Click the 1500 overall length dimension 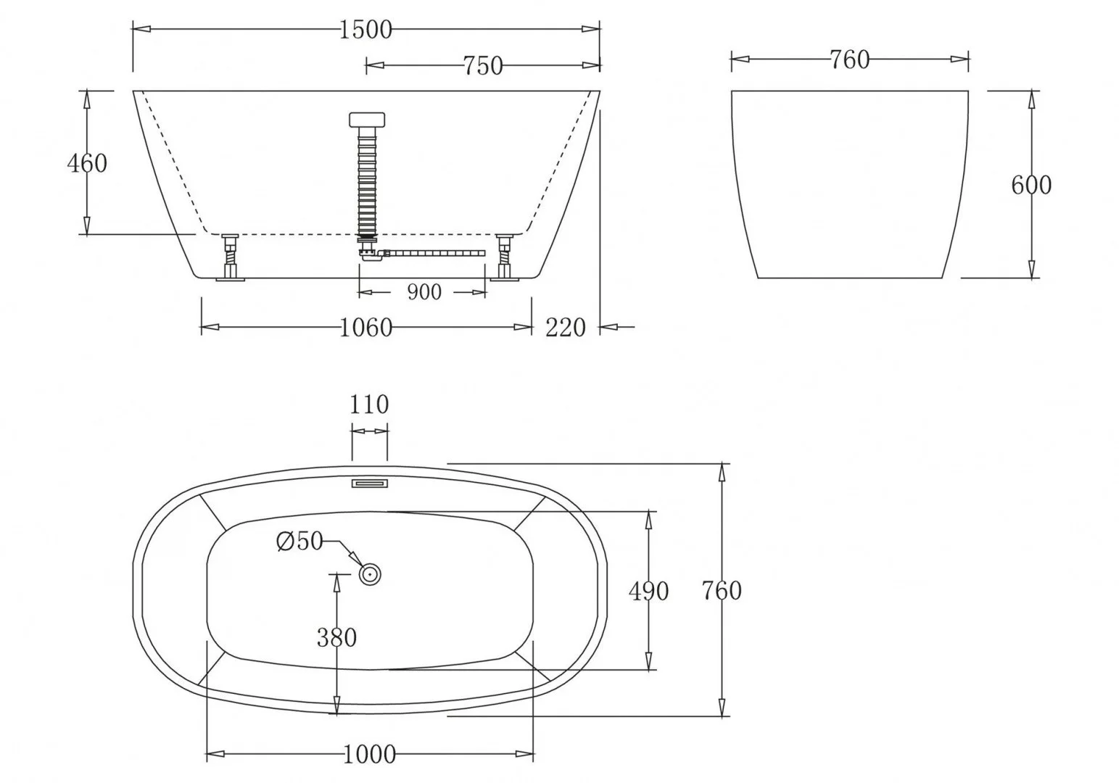(x=366, y=30)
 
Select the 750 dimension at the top (x=483, y=66)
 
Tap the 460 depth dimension (x=87, y=163)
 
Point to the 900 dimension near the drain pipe (x=424, y=292)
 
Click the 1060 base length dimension (x=366, y=328)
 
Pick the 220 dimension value (x=565, y=328)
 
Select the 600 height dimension (x=1031, y=185)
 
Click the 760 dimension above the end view (x=849, y=59)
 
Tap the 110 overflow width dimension (x=369, y=404)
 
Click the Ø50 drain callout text (x=300, y=541)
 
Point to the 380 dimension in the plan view (x=336, y=637)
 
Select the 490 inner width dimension (x=648, y=592)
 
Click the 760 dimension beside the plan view (x=722, y=591)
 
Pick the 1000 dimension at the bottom (x=369, y=755)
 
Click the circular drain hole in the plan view (x=370, y=574)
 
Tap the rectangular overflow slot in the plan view (x=371, y=483)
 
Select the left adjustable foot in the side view (x=231, y=257)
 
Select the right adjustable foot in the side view (x=504, y=257)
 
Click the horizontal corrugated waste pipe (x=434, y=253)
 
